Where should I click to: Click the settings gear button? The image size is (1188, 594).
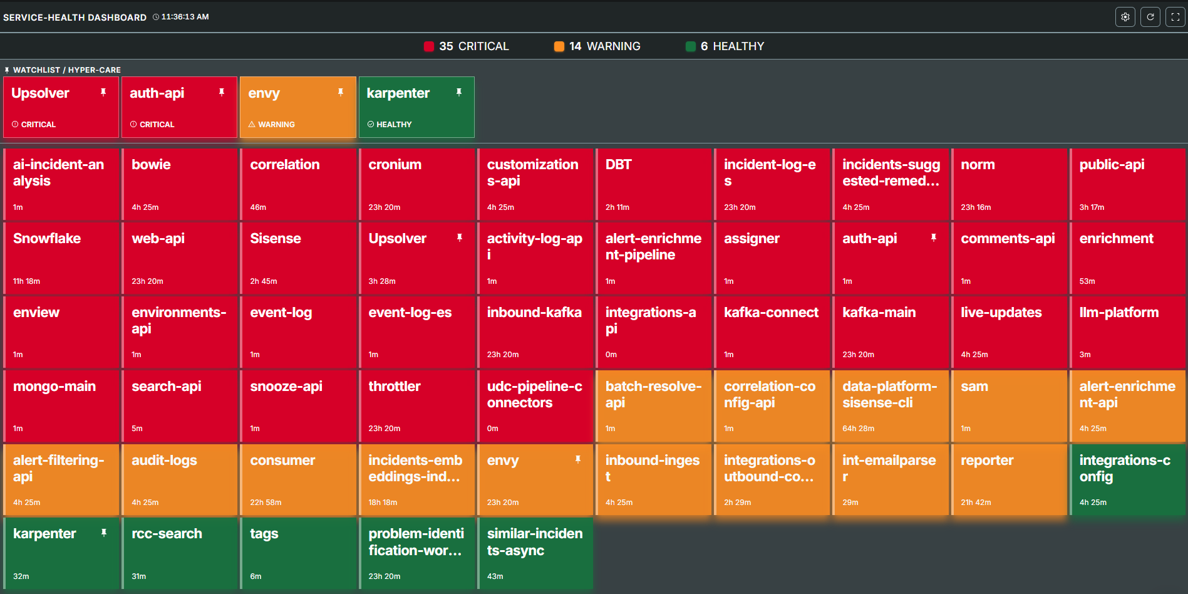[1125, 17]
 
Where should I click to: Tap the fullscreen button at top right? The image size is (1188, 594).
[1175, 17]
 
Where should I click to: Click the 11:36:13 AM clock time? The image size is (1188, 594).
[185, 17]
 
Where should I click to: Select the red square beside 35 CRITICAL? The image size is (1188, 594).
[429, 46]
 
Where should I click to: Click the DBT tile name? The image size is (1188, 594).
[618, 165]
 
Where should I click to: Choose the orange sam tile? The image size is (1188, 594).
[1009, 406]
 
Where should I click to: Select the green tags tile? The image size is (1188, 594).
[297, 553]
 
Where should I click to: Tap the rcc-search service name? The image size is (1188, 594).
[167, 534]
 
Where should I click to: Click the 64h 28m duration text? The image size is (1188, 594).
[858, 429]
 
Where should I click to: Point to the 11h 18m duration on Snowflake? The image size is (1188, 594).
[26, 281]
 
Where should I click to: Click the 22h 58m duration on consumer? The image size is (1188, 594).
[266, 503]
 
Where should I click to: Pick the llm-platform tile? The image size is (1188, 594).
[1127, 332]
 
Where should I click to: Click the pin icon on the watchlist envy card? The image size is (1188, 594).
[341, 92]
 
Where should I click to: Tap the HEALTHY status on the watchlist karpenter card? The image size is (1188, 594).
[393, 125]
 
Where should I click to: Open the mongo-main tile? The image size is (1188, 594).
[61, 406]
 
